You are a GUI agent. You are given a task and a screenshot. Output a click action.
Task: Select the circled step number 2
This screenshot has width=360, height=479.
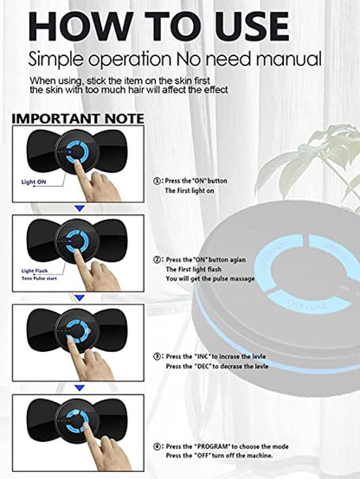(157, 259)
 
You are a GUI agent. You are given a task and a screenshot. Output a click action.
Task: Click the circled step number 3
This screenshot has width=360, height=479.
(157, 356)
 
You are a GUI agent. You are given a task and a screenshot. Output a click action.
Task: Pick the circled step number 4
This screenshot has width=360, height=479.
(157, 446)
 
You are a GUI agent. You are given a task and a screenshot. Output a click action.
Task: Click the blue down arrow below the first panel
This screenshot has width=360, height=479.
(78, 208)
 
